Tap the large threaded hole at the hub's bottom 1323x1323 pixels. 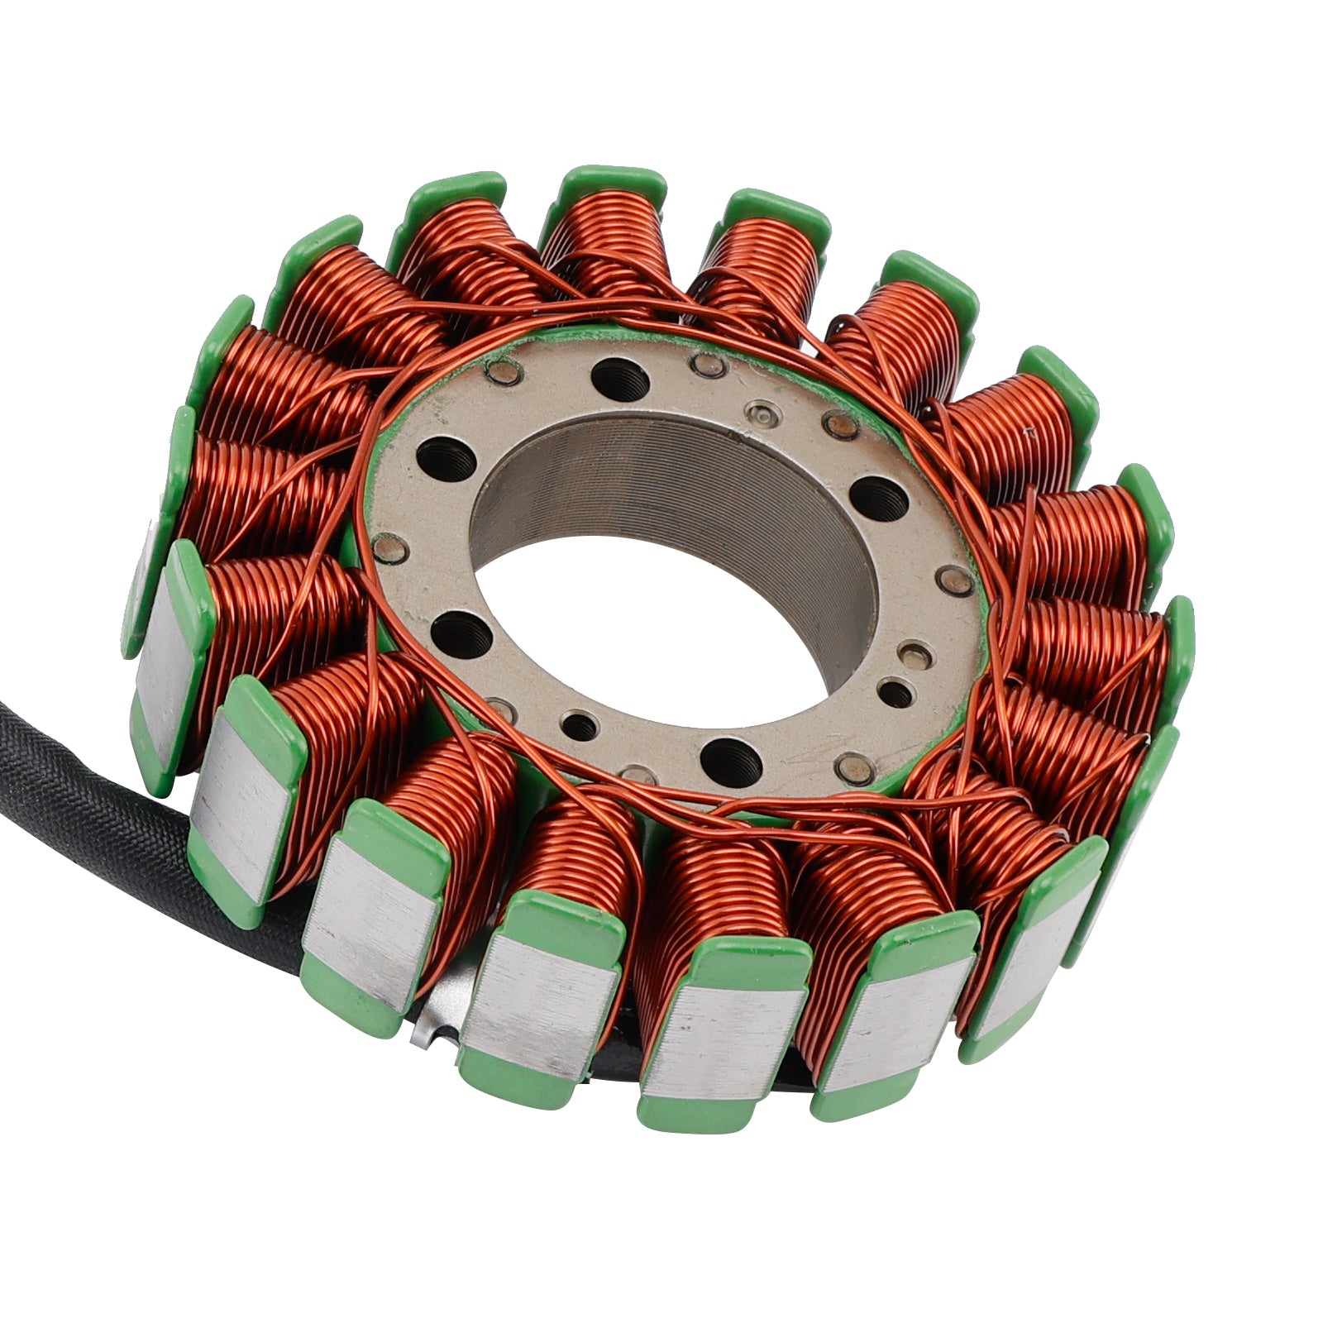click(x=730, y=755)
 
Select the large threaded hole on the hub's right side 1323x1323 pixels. click(x=878, y=498)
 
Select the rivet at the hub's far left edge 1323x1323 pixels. click(x=388, y=545)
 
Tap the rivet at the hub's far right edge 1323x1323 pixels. click(x=958, y=581)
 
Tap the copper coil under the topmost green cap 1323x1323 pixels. click(x=608, y=240)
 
